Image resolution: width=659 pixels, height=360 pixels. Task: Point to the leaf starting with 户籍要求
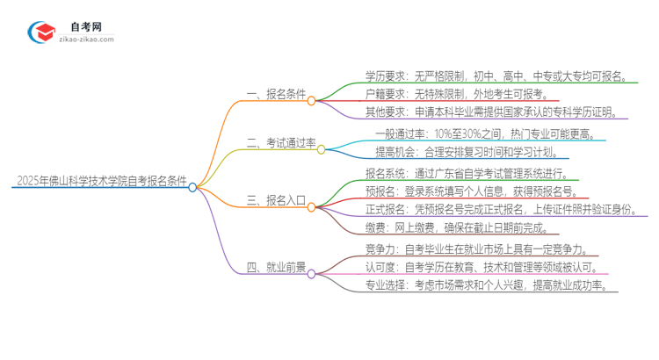[x=457, y=94]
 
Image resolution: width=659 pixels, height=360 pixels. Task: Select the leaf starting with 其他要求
[x=496, y=112]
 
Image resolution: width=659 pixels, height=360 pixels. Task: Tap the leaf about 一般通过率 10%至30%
[x=489, y=134]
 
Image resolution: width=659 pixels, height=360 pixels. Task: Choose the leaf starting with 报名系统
[x=471, y=173]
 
